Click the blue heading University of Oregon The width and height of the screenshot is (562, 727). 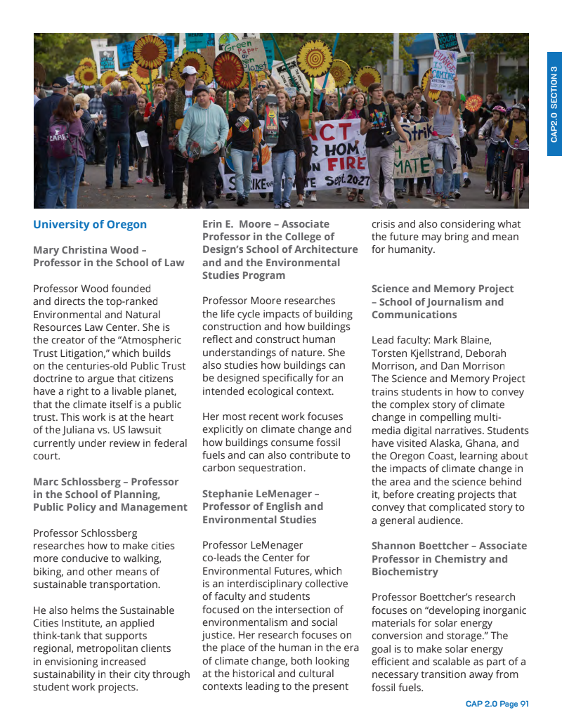point(90,225)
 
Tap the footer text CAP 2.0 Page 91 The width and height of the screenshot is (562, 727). point(497,704)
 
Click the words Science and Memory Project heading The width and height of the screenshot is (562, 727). point(443,289)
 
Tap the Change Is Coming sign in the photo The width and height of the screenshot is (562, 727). point(444,70)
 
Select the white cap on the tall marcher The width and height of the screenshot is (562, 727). point(189,70)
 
